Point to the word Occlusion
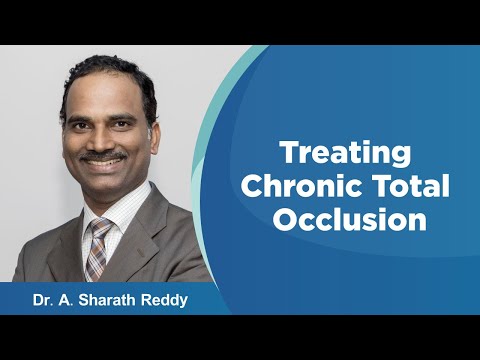[345, 220]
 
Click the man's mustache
[103, 158]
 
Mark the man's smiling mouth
[105, 165]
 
